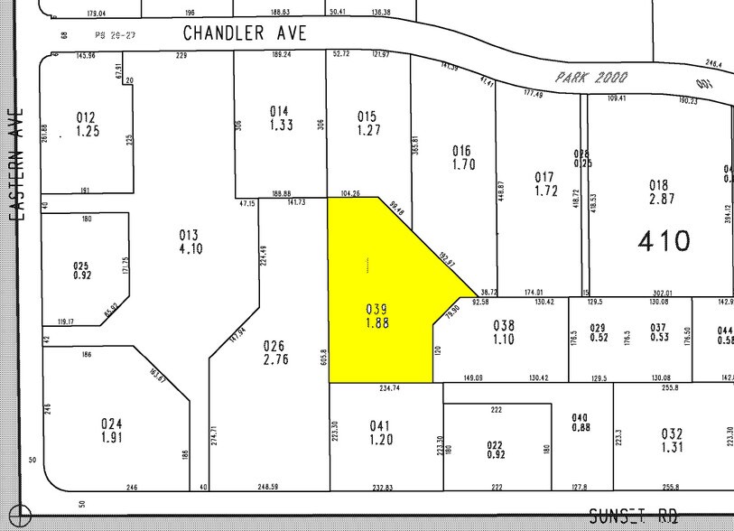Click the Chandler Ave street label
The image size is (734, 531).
tap(245, 33)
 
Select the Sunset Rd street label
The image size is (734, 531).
tap(633, 516)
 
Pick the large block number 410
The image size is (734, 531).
tap(664, 240)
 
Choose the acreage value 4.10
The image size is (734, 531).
tap(189, 248)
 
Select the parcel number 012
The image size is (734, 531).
tap(86, 117)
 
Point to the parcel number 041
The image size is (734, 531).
tap(379, 425)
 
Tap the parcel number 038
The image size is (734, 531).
tap(504, 325)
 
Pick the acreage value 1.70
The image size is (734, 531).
tap(462, 164)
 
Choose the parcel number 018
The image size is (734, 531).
tap(658, 184)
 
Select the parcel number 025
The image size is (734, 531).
tap(82, 265)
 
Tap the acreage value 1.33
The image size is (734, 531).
tap(280, 125)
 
